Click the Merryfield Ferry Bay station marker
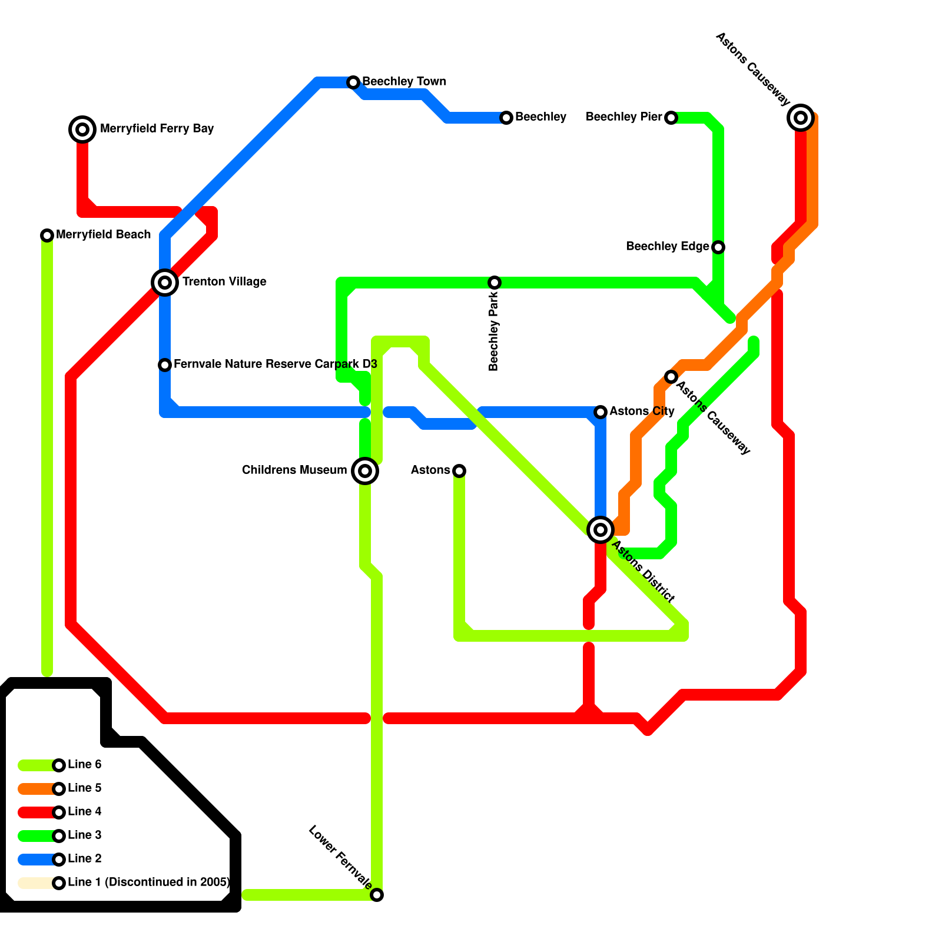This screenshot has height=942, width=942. click(x=82, y=129)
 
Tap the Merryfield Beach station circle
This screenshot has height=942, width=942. click(x=47, y=235)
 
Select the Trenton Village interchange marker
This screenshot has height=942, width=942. click(x=165, y=283)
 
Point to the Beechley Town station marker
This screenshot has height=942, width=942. click(x=353, y=82)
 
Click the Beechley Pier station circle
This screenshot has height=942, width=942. click(x=671, y=118)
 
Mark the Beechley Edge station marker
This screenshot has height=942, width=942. click(x=718, y=247)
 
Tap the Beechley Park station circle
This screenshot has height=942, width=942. click(x=495, y=283)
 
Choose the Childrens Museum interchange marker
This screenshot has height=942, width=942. click(x=365, y=471)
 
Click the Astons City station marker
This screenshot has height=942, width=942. click(x=601, y=412)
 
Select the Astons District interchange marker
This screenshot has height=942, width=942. click(x=601, y=530)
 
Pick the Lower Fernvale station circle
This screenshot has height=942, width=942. click(x=377, y=895)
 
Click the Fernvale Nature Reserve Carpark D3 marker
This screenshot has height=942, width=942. click(x=165, y=365)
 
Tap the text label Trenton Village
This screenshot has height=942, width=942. click(x=224, y=282)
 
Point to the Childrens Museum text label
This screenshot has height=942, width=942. click(x=294, y=470)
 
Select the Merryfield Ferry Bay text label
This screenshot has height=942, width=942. click(x=157, y=129)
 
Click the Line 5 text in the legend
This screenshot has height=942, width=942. click(x=85, y=788)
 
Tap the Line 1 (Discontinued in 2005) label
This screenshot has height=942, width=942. click(x=148, y=883)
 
